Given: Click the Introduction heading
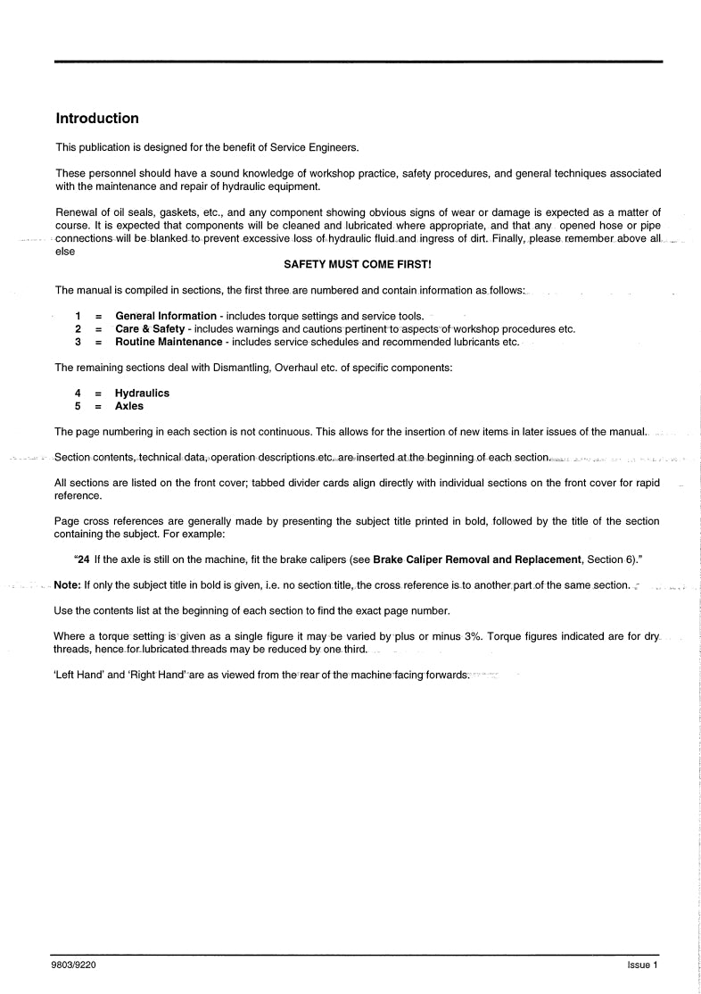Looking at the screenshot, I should (x=97, y=119).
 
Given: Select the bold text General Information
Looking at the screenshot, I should (x=166, y=316).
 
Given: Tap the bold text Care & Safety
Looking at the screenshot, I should (x=150, y=329).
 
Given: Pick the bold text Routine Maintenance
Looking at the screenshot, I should (x=170, y=342).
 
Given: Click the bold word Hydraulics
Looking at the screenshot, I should (x=142, y=393).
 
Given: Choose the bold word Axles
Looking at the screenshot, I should (x=129, y=406).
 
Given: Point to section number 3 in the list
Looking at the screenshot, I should (x=78, y=342).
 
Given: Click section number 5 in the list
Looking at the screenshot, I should (x=78, y=406).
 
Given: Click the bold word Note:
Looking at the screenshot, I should (x=68, y=585).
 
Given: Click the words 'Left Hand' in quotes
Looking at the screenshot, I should (x=79, y=675).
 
